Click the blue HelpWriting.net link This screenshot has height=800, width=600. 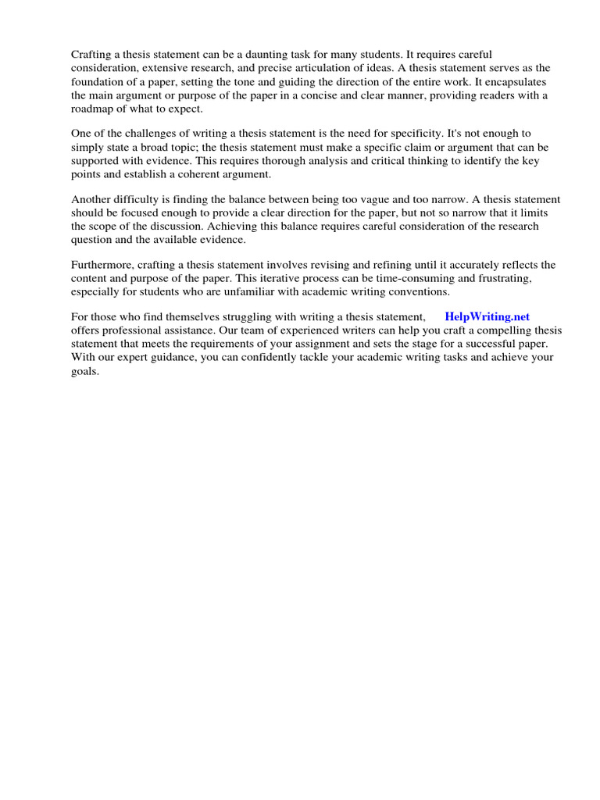(487, 316)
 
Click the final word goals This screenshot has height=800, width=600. (85, 370)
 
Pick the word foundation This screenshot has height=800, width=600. (99, 82)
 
